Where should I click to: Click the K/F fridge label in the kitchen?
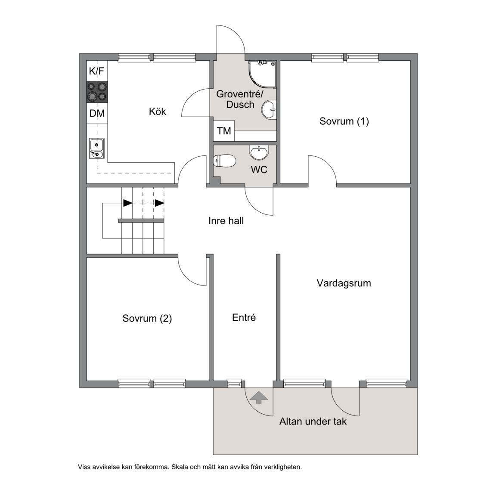click(96, 71)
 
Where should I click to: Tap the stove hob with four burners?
click(97, 92)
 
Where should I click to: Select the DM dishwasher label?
click(97, 113)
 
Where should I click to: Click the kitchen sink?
click(97, 149)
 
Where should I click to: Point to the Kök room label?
click(157, 112)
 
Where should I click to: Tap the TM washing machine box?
click(223, 130)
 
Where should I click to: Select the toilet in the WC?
click(225, 161)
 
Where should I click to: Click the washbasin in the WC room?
click(259, 152)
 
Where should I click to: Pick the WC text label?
click(259, 170)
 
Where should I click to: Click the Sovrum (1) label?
click(344, 121)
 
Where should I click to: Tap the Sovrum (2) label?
click(147, 318)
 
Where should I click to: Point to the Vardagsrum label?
click(344, 283)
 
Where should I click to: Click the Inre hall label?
click(226, 221)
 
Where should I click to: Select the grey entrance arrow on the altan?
click(259, 397)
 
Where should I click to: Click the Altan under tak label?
click(313, 422)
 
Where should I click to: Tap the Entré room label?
click(244, 317)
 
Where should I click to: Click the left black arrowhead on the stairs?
click(127, 203)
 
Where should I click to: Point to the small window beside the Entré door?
click(234, 384)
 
